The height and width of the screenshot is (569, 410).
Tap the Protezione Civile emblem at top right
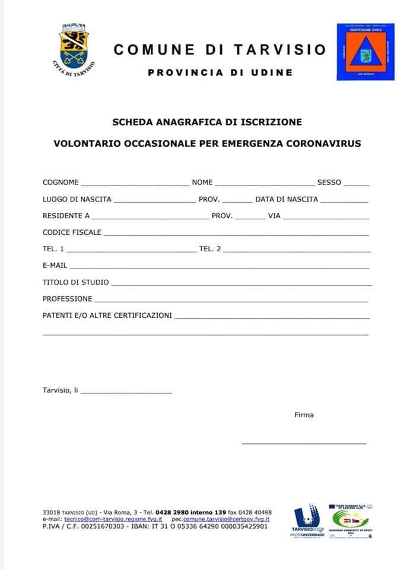pos(365,52)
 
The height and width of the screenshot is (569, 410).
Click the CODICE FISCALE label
pos(72,232)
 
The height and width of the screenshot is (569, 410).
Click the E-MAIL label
pos(55,266)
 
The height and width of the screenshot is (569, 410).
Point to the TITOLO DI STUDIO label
pos(75,282)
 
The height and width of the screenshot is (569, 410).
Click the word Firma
pos(304,415)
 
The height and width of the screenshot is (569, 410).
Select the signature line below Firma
pos(304,443)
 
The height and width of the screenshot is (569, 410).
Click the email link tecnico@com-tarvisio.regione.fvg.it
pos(113,519)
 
